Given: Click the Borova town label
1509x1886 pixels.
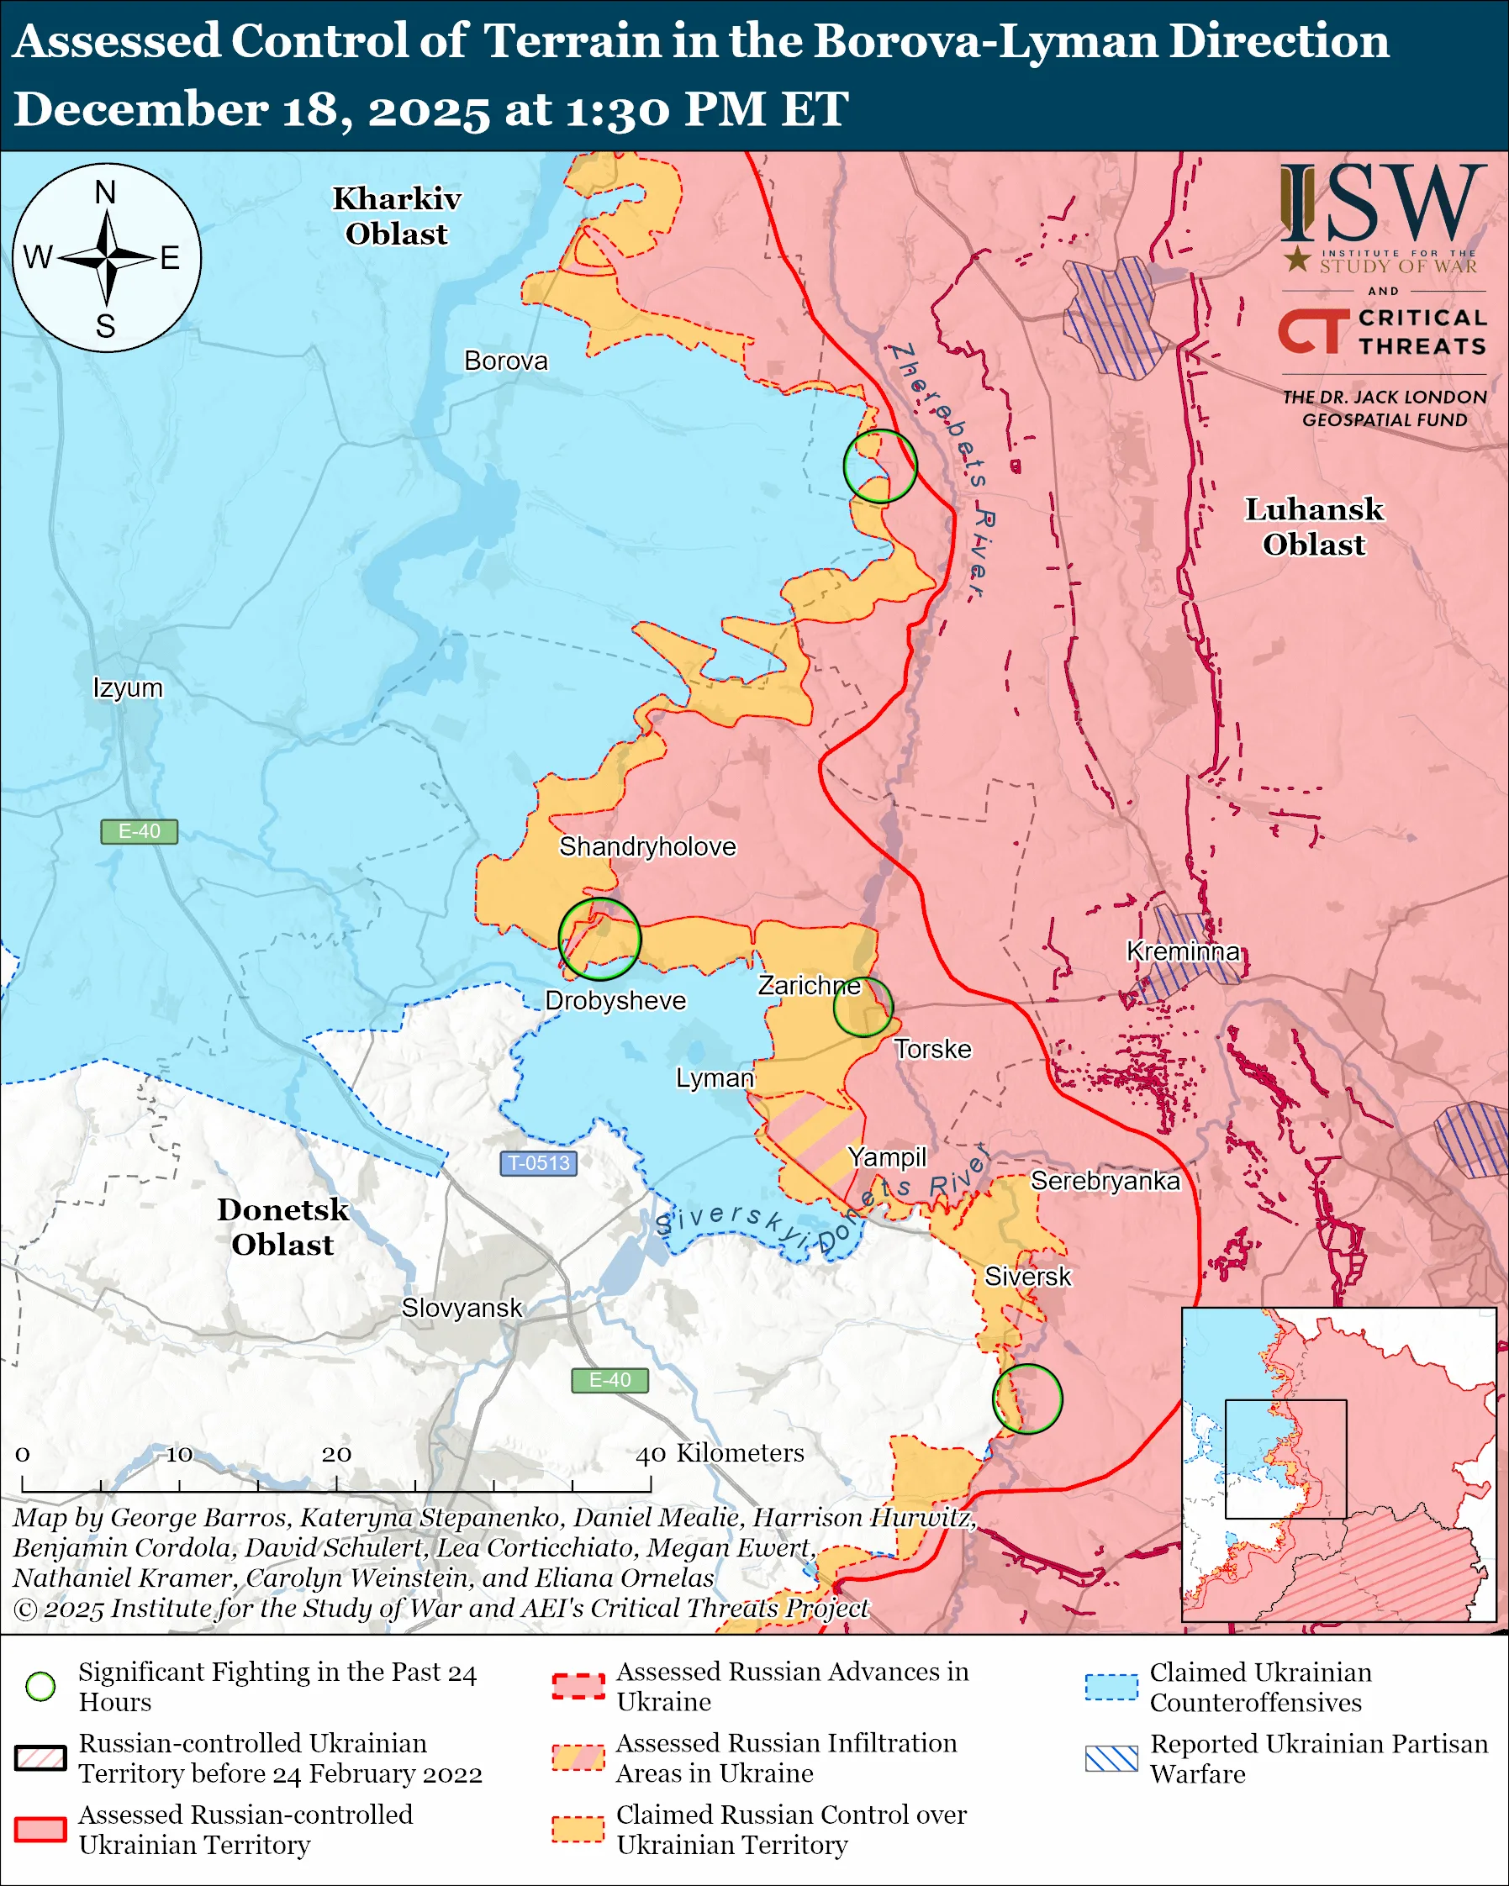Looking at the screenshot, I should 505,361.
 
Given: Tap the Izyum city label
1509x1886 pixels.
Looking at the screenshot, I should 128,687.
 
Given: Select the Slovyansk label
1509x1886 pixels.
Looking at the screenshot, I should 461,1308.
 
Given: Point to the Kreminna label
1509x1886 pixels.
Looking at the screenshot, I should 1183,951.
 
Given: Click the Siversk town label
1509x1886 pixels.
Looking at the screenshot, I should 1027,1277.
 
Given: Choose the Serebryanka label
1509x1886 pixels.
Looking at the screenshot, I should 1105,1181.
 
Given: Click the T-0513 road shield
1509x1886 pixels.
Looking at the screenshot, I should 538,1162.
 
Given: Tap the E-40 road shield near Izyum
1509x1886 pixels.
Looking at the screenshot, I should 139,831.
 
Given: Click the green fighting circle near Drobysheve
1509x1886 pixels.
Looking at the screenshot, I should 599,939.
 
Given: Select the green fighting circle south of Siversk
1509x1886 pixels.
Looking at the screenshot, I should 1027,1398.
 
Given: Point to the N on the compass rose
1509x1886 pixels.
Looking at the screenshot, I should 105,192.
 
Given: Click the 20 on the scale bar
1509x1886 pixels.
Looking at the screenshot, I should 336,1454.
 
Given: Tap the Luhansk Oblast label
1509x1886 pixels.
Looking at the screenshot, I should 1313,527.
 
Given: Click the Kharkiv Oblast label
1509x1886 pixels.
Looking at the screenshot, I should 396,216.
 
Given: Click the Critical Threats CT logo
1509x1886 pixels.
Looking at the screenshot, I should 1313,330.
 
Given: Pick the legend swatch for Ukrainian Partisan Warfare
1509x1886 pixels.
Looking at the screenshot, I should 1111,1758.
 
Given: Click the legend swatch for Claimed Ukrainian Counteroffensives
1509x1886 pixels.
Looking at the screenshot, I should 1111,1687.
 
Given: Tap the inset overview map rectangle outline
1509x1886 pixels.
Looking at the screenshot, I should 1285,1460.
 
